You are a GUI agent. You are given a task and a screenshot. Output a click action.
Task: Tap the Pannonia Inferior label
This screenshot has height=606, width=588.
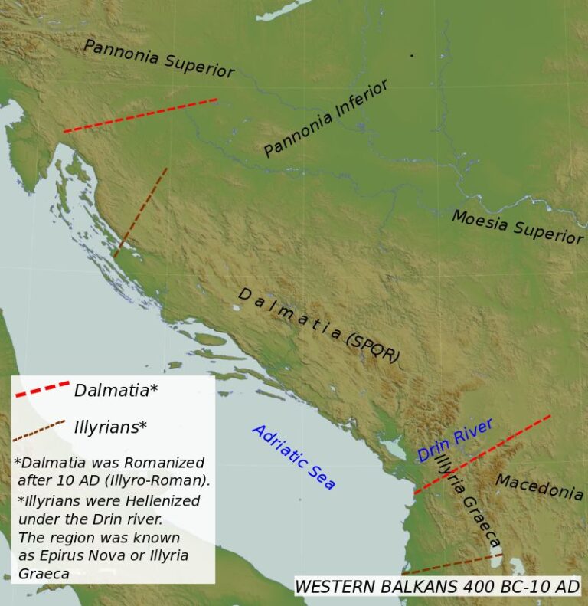click(x=326, y=118)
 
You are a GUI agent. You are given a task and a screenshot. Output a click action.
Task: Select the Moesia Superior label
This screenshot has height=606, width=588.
click(x=517, y=228)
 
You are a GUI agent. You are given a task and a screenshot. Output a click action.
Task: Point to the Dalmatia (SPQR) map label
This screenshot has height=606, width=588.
click(x=318, y=326)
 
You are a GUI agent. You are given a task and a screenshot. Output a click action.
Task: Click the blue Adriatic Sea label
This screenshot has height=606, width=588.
click(x=293, y=457)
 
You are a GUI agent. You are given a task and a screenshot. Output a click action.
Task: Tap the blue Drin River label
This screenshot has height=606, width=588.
click(x=455, y=440)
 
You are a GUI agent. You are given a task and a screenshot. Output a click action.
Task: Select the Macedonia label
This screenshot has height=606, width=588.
click(x=539, y=486)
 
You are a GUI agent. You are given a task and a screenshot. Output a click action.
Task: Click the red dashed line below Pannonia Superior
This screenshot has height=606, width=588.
click(x=141, y=115)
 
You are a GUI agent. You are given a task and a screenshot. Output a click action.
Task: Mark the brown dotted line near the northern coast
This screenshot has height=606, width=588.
click(x=140, y=212)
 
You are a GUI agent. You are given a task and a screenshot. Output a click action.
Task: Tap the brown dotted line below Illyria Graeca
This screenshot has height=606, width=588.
click(x=451, y=564)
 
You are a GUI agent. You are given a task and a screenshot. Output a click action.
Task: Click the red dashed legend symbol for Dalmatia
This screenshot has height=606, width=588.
click(x=42, y=388)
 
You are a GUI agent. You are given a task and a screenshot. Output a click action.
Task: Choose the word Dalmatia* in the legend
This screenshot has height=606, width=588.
click(x=116, y=390)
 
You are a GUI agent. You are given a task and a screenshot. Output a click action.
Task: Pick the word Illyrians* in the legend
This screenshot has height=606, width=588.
click(x=110, y=427)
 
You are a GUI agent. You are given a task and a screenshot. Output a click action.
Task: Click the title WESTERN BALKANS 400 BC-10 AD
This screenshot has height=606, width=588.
click(x=437, y=586)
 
